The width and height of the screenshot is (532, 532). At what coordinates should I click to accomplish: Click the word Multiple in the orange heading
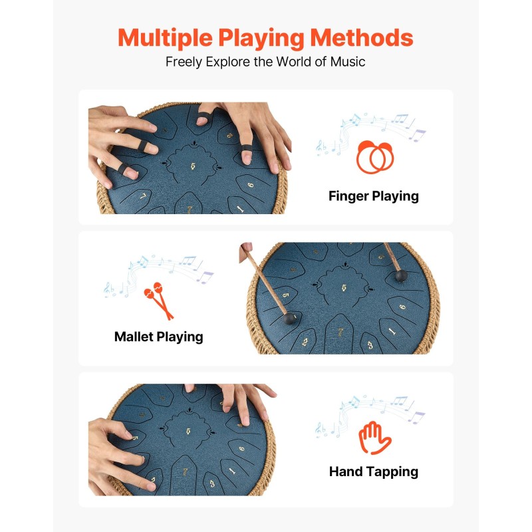pos(165,38)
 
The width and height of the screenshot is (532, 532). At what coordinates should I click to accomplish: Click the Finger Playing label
pos(374,196)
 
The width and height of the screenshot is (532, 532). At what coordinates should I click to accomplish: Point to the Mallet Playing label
pos(159,337)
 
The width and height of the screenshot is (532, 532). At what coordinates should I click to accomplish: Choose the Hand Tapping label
pos(374,471)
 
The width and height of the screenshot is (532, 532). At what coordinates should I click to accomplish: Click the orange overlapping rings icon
pos(375,157)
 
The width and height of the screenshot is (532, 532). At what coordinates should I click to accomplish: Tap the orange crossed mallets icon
pos(159,301)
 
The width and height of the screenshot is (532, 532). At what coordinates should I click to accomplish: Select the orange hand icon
pos(375,438)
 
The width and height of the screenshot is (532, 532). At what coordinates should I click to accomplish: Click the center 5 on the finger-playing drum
pos(193,166)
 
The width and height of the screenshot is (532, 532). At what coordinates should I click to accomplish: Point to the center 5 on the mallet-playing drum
pos(344,288)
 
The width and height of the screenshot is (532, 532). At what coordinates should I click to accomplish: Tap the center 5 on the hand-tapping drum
pos(188,431)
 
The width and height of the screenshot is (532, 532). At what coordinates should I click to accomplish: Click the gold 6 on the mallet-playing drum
pos(402,307)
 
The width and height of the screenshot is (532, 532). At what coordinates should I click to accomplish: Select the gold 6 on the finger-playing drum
pos(251,185)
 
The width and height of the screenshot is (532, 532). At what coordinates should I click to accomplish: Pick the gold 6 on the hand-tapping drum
pos(241,448)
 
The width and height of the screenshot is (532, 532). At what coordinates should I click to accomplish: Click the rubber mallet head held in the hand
pos(289,319)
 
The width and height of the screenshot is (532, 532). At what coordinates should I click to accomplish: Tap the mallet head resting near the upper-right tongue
pos(401,276)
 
